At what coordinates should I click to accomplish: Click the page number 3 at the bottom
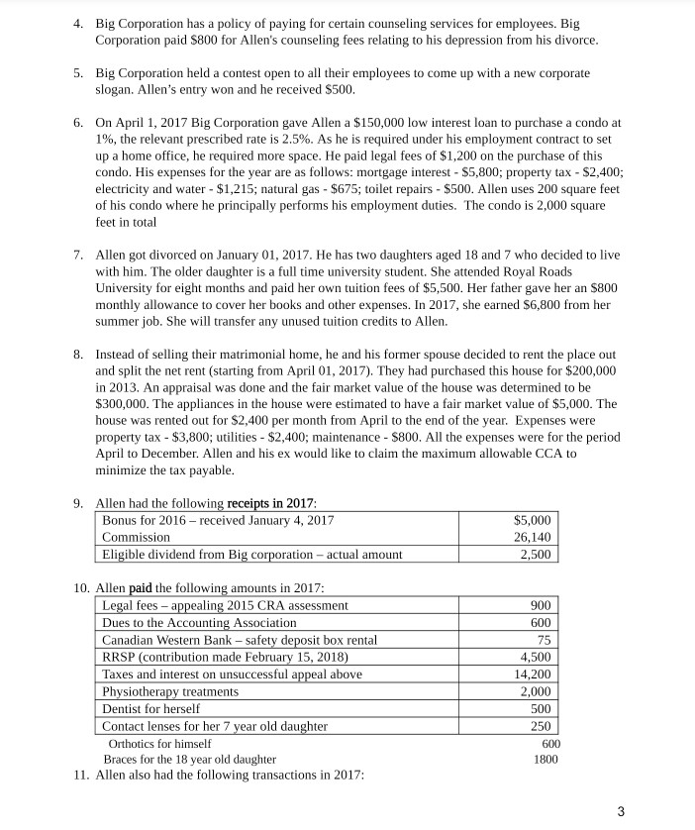coord(621,811)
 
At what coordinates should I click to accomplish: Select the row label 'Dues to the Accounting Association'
coord(199,623)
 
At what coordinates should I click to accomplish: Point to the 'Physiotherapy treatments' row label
coord(170,691)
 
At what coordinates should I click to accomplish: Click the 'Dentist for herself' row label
coord(151,709)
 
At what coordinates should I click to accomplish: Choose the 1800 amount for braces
coord(546,760)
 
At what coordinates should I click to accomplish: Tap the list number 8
coord(78,354)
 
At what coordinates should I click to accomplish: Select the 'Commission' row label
coord(137,538)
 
